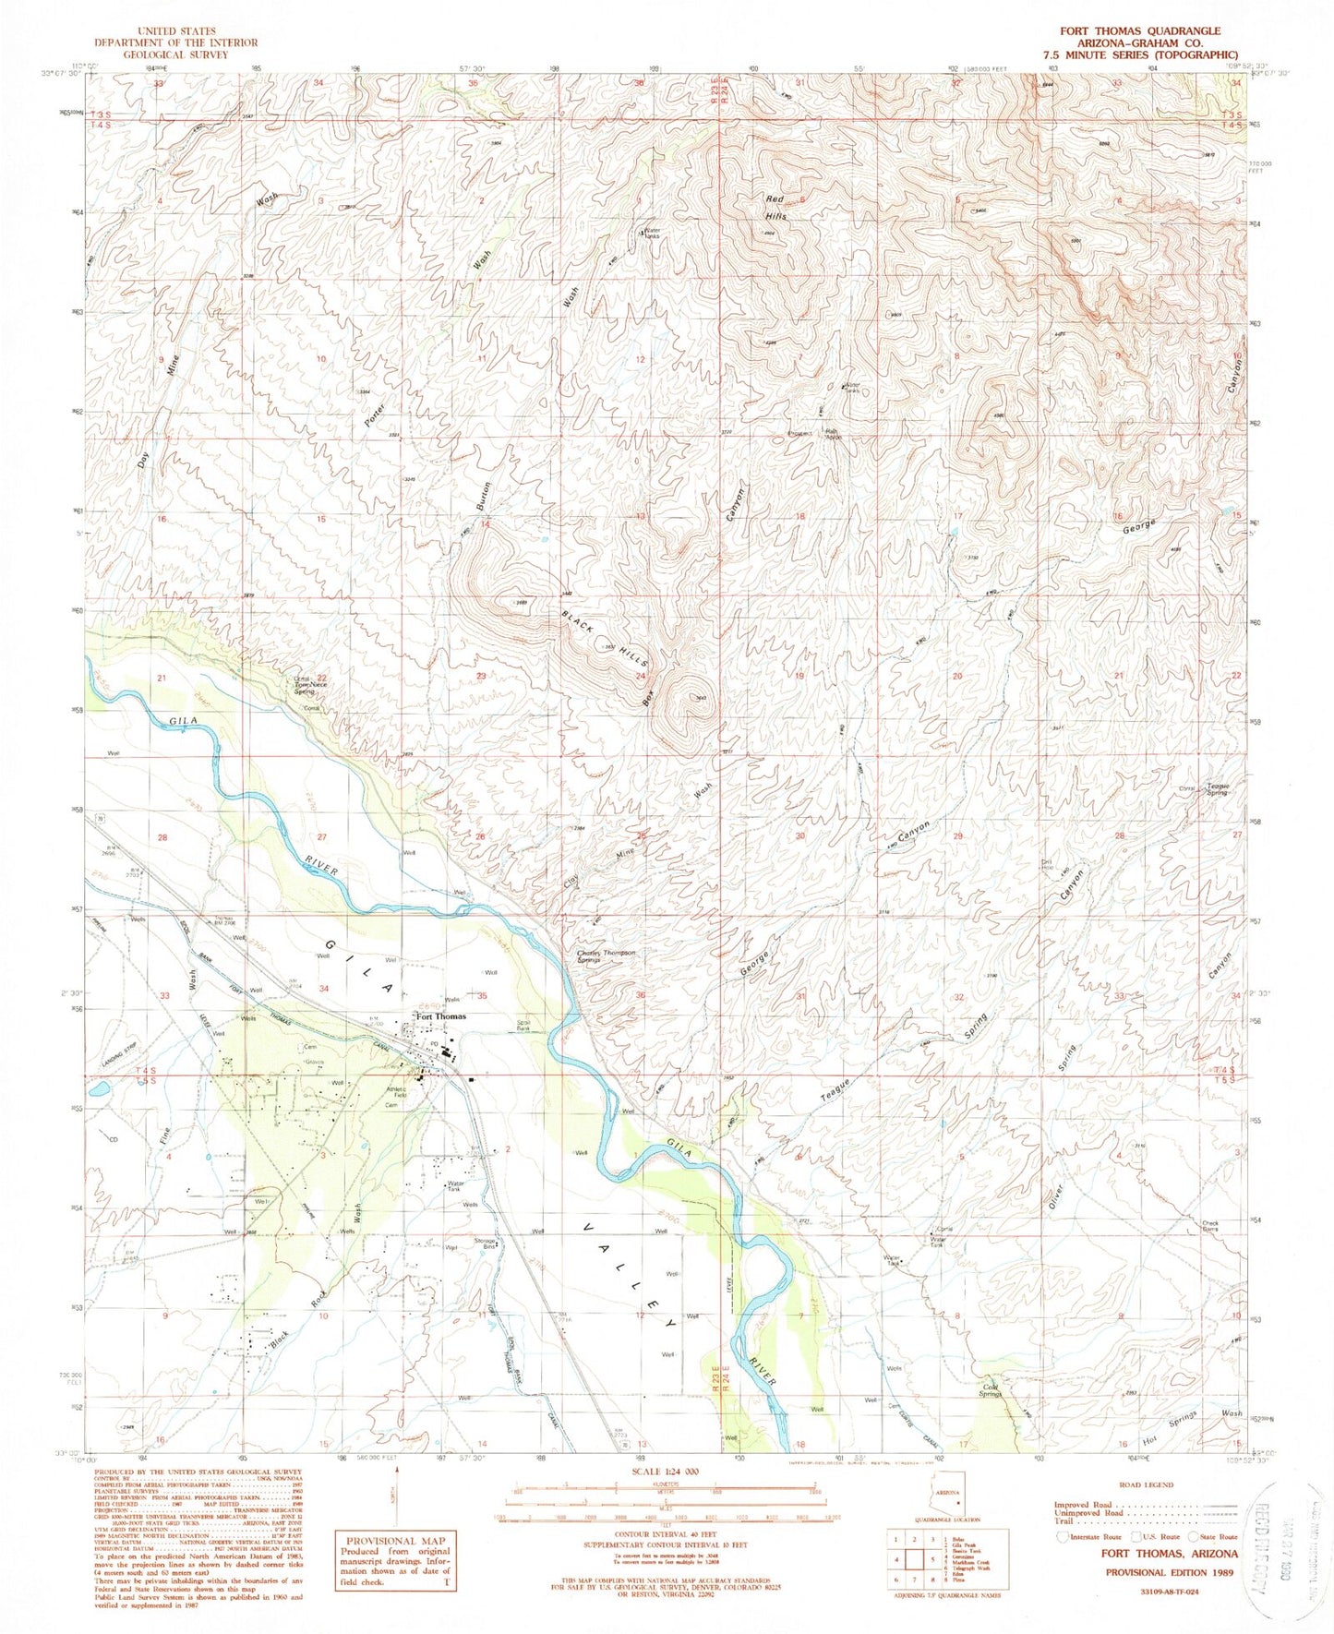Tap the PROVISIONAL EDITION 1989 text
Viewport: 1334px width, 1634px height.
(x=1169, y=1571)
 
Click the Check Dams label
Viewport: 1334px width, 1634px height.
(x=1210, y=1226)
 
